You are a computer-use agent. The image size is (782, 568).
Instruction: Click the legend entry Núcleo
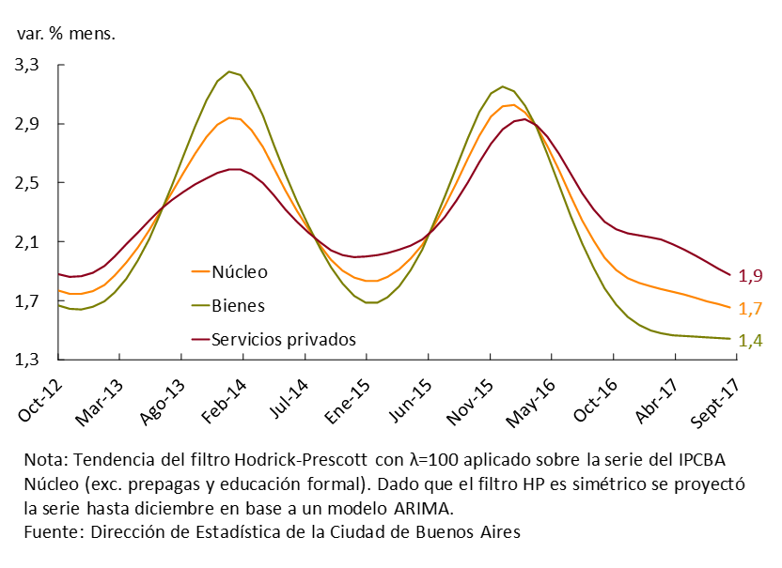point(240,272)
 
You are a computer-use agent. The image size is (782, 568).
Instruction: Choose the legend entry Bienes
point(238,305)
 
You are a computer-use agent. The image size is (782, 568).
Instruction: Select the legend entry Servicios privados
point(284,338)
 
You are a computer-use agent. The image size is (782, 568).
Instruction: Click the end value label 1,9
point(749,276)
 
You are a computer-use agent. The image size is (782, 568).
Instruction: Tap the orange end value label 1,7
point(749,309)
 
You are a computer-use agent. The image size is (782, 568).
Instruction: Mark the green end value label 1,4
point(749,340)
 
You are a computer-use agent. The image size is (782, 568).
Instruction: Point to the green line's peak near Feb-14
point(229,71)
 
